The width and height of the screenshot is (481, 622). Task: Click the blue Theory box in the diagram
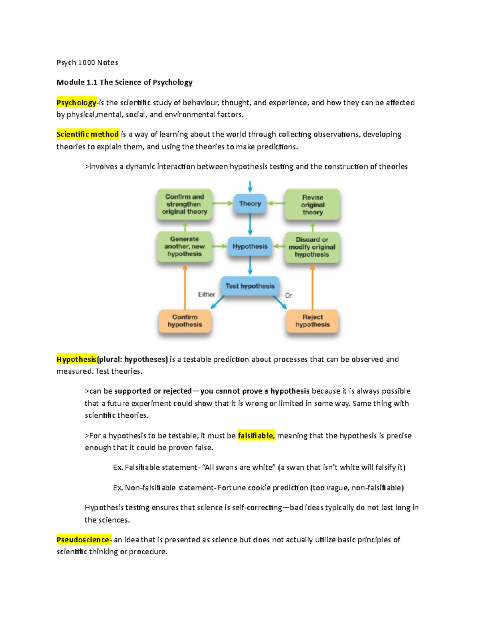[x=250, y=203]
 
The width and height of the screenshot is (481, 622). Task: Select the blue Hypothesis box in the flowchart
[x=250, y=246]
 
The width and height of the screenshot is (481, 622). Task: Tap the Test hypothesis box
[x=250, y=286]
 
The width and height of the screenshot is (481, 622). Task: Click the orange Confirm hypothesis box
[x=185, y=321]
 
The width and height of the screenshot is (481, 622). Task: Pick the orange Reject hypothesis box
[x=312, y=321]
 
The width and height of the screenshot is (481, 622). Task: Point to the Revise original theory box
[x=312, y=205]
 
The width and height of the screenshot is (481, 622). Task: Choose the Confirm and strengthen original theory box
[x=184, y=204]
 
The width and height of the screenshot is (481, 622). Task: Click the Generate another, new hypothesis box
[x=184, y=246]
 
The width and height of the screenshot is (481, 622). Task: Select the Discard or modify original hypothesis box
[x=312, y=247]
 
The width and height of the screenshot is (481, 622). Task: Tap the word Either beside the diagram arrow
[x=206, y=295]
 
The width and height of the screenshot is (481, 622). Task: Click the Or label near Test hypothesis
[x=289, y=296]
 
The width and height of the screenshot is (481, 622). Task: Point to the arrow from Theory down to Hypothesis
[x=250, y=224]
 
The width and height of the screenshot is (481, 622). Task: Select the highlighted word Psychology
[x=76, y=103]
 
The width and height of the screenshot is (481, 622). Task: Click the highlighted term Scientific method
[x=87, y=134]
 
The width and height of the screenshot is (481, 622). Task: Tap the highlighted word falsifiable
[x=256, y=435]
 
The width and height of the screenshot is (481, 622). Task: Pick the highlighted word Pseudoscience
[x=83, y=539]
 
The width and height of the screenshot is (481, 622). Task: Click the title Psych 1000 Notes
[x=87, y=62]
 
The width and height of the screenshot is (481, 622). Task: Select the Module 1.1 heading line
[x=124, y=83]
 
